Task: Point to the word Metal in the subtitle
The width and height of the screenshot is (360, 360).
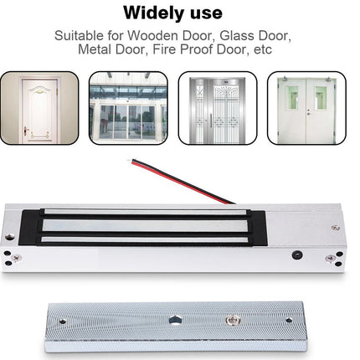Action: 95,49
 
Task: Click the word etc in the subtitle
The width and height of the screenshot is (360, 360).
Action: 263,50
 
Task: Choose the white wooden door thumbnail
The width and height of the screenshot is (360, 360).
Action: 39,108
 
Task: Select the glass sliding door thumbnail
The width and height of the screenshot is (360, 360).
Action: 128,108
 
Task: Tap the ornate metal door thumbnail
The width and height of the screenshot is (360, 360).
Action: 218,108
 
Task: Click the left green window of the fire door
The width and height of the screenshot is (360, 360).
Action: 292,98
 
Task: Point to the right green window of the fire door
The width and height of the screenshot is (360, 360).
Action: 321,98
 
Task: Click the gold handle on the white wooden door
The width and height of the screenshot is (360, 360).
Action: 26,130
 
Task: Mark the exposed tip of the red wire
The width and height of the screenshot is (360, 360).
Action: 129,161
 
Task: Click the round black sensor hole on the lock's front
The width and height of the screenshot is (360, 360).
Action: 297,255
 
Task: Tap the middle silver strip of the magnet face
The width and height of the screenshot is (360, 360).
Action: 146,225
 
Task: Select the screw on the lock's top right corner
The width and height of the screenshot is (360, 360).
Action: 336,228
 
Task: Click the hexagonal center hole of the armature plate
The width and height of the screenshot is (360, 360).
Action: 175,321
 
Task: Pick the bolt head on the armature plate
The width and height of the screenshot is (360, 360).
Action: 233,321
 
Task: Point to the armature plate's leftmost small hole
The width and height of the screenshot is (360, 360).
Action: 63,321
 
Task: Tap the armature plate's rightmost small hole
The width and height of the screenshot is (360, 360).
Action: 289,320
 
